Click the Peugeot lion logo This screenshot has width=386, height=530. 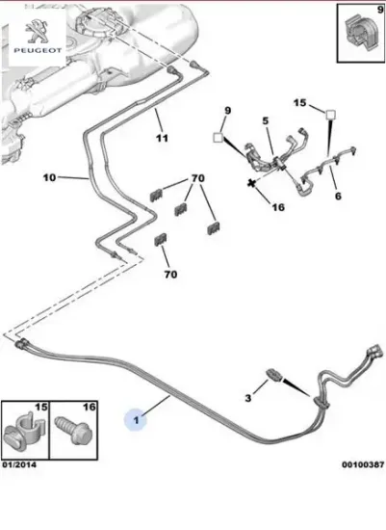tap(38, 31)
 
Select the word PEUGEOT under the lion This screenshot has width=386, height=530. tap(38, 50)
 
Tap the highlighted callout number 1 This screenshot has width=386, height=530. tap(136, 420)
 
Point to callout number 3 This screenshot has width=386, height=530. tap(248, 398)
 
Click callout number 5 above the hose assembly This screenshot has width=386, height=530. tap(266, 120)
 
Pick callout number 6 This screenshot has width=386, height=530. tap(338, 196)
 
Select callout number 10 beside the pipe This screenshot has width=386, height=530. tap(49, 177)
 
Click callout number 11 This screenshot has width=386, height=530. tap(162, 138)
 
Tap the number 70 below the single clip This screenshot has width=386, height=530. tap(170, 274)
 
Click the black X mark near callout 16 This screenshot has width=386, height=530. tap(251, 183)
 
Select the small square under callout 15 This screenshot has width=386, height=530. tap(330, 116)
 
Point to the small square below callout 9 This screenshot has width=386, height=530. tap(219, 138)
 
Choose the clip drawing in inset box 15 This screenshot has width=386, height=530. tap(24, 432)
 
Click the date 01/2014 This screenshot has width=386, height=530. tap(19, 464)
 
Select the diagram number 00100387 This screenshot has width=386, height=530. tap(363, 464)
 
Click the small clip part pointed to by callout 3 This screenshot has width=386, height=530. tap(274, 375)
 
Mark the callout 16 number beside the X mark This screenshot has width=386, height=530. tap(278, 207)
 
